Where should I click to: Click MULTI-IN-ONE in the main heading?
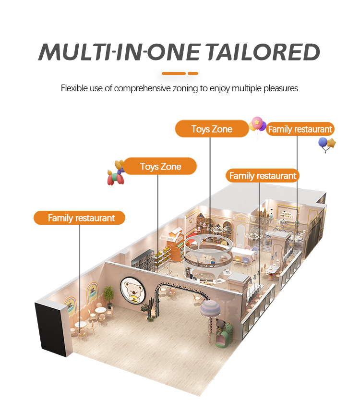click(115, 52)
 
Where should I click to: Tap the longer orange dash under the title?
click(173, 73)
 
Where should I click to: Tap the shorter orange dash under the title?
click(192, 73)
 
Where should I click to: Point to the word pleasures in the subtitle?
click(282, 88)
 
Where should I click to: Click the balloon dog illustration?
click(116, 173)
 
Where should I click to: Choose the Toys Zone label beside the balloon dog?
click(160, 167)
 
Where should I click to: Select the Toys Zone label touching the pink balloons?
click(212, 129)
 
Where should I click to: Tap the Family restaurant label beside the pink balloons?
click(300, 129)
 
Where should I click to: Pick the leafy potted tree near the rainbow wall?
click(109, 294)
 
